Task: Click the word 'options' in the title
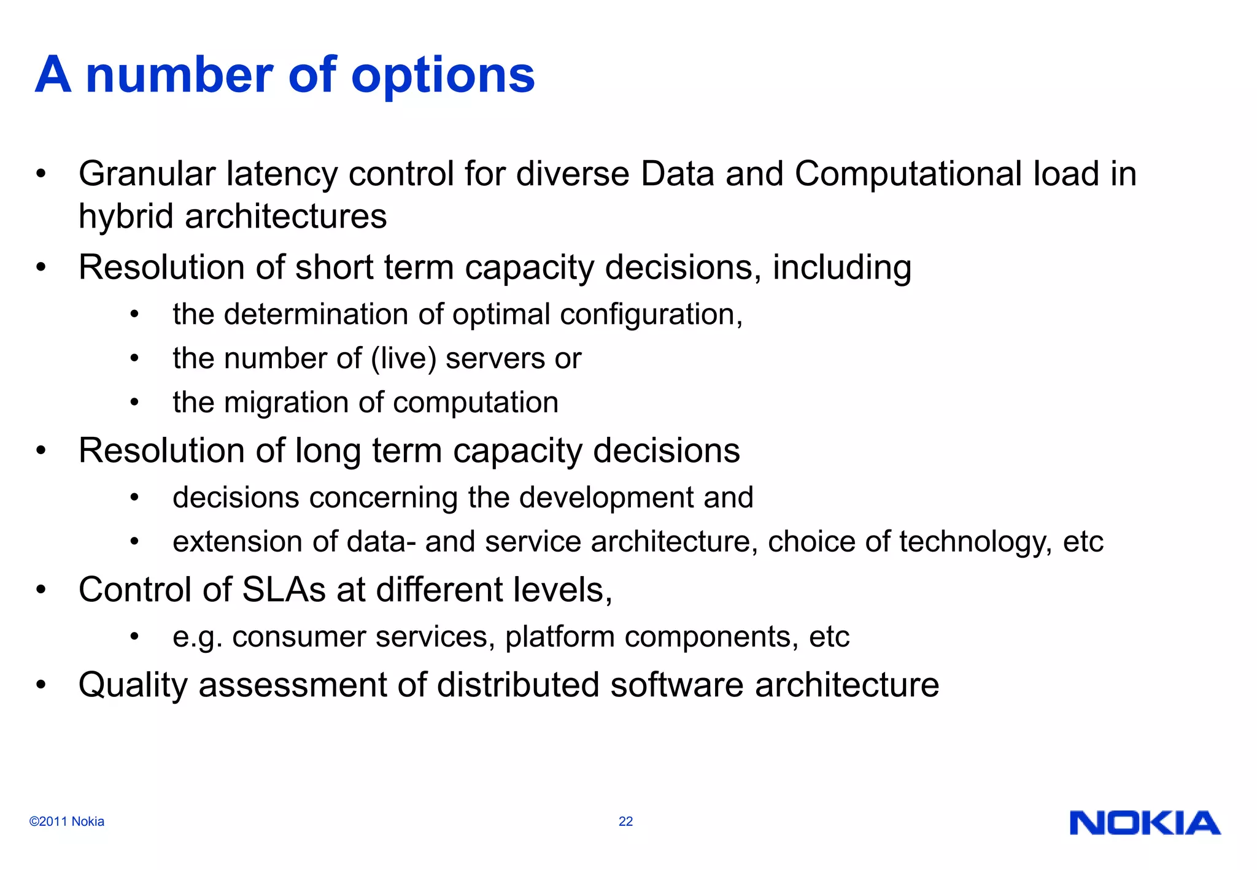tap(443, 76)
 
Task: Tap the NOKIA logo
tap(1145, 823)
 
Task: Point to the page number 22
tap(625, 822)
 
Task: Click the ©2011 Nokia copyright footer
tap(67, 822)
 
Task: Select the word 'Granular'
tap(147, 174)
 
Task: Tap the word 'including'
tap(841, 268)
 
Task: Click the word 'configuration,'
tap(651, 315)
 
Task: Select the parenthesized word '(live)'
tap(403, 359)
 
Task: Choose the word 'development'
tap(606, 498)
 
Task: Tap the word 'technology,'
tap(975, 542)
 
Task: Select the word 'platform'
tap(560, 637)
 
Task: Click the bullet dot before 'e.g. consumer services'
tap(134, 636)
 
